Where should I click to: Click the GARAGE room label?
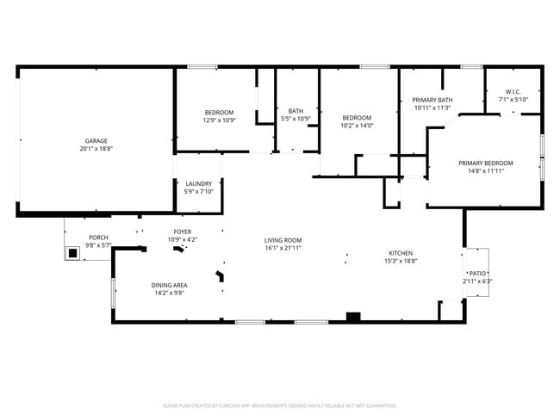pyautogui.click(x=96, y=140)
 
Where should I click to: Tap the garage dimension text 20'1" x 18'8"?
pyautogui.click(x=96, y=149)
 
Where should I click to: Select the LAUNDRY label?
pyautogui.click(x=199, y=183)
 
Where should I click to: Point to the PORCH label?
pyautogui.click(x=98, y=238)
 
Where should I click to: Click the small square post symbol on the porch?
pyautogui.click(x=73, y=253)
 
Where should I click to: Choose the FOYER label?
pyautogui.click(x=183, y=232)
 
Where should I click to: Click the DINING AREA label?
pyautogui.click(x=170, y=285)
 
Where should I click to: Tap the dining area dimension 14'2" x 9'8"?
pyautogui.click(x=170, y=293)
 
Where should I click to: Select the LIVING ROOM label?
pyautogui.click(x=283, y=240)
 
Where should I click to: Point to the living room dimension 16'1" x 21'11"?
pyautogui.click(x=283, y=249)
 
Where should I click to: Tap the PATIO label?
pyautogui.click(x=477, y=272)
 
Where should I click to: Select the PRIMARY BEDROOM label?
pyautogui.click(x=485, y=163)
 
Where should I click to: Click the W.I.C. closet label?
pyautogui.click(x=513, y=91)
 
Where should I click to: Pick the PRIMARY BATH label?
pyautogui.click(x=432, y=100)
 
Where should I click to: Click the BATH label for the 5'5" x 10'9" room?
pyautogui.click(x=296, y=111)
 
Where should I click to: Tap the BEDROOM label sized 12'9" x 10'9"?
pyautogui.click(x=218, y=113)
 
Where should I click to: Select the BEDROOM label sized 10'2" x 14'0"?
pyautogui.click(x=357, y=118)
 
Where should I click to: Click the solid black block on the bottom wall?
pyautogui.click(x=352, y=317)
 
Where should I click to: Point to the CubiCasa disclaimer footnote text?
pyautogui.click(x=279, y=405)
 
